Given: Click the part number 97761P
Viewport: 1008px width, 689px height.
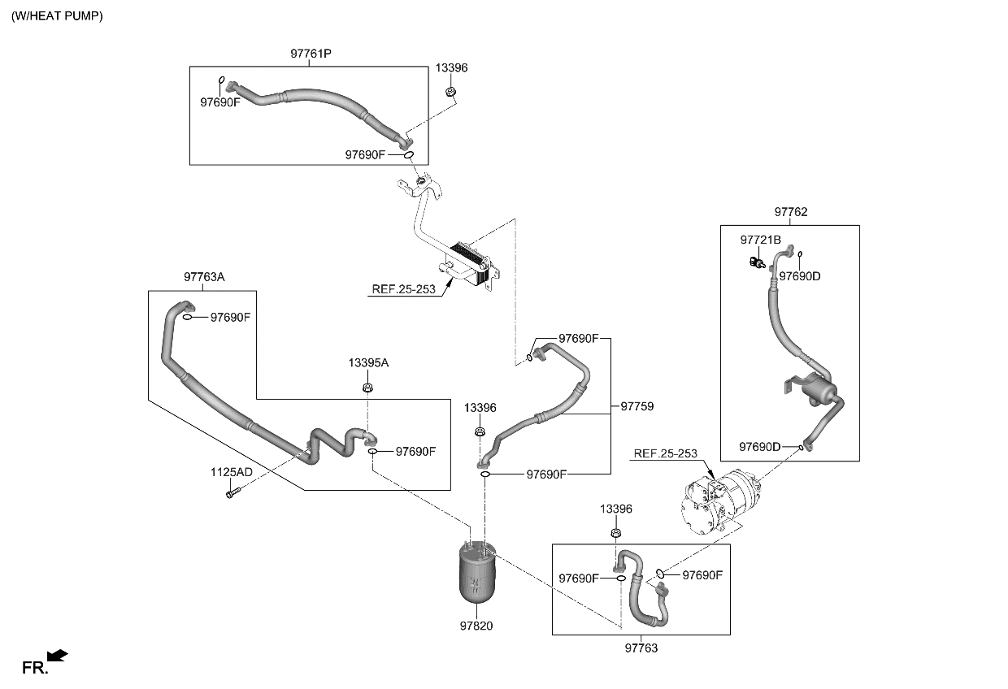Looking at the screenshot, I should (x=311, y=54).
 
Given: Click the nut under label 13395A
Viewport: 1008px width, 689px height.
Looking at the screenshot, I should (x=367, y=387).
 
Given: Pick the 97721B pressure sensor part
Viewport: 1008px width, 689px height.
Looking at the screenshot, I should (x=755, y=262).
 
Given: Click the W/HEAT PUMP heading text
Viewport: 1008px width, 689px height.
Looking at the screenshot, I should (x=57, y=16).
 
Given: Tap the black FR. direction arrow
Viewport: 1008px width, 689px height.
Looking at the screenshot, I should (x=57, y=655).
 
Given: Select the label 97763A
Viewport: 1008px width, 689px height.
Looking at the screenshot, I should (x=204, y=277).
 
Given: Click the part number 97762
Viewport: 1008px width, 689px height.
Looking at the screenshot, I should (x=790, y=212).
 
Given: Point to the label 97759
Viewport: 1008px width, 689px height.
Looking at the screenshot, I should (x=637, y=405).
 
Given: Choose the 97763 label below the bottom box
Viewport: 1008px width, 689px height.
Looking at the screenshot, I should (x=641, y=648).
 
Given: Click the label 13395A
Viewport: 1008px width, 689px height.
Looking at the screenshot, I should (x=368, y=363).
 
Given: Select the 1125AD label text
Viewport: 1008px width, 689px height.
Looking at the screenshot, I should (x=231, y=472).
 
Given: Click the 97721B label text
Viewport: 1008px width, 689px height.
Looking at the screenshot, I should (x=760, y=240).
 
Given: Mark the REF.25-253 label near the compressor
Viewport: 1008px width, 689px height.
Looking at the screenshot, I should (x=665, y=453).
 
